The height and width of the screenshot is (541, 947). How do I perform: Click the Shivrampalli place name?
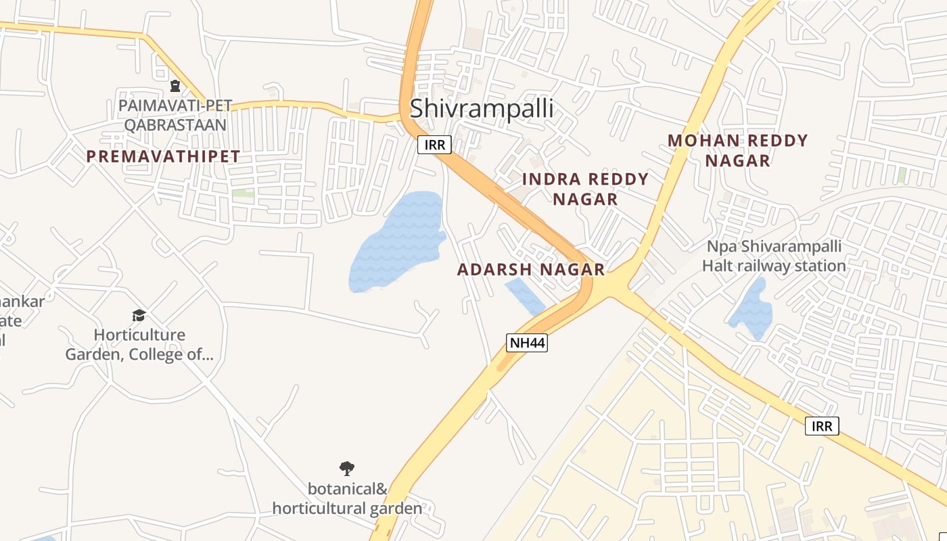pyautogui.click(x=481, y=108)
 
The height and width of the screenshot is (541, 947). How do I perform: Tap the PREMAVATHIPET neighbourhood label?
pyautogui.click(x=163, y=156)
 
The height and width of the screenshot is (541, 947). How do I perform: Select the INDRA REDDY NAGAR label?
pyautogui.click(x=585, y=189)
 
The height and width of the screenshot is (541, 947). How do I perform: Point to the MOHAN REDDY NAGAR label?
pyautogui.click(x=737, y=150)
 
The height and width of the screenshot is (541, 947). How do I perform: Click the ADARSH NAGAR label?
pyautogui.click(x=531, y=269)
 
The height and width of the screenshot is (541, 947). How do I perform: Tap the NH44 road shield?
pyautogui.click(x=527, y=343)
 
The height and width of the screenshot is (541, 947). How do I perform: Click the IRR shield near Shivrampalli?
pyautogui.click(x=434, y=144)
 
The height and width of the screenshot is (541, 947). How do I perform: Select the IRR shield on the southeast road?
pyautogui.click(x=823, y=425)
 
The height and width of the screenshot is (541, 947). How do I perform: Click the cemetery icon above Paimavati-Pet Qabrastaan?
pyautogui.click(x=175, y=86)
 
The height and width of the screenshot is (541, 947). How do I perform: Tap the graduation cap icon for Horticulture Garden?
pyautogui.click(x=139, y=315)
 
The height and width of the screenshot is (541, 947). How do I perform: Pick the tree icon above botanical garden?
pyautogui.click(x=347, y=468)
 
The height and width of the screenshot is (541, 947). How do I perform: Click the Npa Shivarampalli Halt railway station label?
pyautogui.click(x=774, y=256)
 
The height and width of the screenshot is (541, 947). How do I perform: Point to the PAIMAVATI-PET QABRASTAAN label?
pyautogui.click(x=175, y=115)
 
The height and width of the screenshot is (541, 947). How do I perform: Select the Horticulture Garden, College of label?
pyautogui.click(x=139, y=344)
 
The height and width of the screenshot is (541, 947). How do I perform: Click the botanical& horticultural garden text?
pyautogui.click(x=347, y=498)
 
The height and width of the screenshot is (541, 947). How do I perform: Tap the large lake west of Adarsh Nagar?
pyautogui.click(x=396, y=243)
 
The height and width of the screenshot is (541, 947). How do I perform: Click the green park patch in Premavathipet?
pyautogui.click(x=243, y=193)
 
